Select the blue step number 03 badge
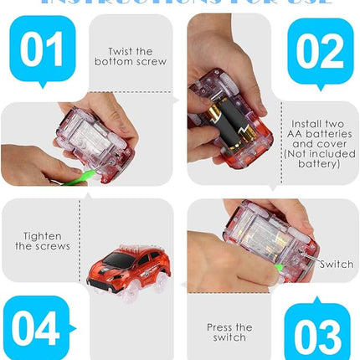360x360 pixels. coord(316,334)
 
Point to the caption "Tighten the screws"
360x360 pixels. coord(43,241)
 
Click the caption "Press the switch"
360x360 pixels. coord(229,332)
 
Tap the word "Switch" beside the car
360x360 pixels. coord(336,265)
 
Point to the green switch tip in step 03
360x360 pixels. coord(279,267)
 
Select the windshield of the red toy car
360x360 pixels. coord(118,259)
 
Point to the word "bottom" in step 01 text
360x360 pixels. coord(112,62)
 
